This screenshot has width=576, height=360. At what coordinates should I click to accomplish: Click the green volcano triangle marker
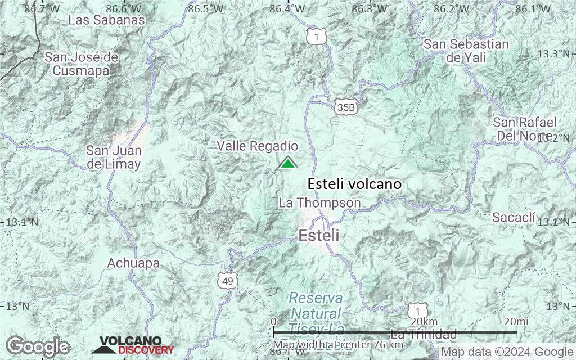287,163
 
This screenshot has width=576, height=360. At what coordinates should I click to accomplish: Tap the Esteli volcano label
354,184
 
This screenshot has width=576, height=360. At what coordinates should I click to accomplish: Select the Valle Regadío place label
258,146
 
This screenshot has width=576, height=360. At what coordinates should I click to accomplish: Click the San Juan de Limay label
113,157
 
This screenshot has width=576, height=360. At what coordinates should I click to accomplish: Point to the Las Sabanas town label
107,20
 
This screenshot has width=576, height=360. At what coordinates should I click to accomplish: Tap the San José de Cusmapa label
82,64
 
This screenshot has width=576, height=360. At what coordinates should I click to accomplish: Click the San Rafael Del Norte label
524,129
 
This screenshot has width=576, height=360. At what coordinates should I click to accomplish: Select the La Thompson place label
319,202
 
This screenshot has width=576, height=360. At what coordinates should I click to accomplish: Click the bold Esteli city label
319,236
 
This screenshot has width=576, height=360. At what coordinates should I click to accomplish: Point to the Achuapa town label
133,263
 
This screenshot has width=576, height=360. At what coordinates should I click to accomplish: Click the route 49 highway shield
228,280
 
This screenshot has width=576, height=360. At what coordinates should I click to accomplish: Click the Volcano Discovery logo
132,345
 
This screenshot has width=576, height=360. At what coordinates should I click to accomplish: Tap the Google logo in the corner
38,345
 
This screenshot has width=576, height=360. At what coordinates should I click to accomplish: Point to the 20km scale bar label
423,321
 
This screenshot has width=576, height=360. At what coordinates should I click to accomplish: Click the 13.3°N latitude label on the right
552,54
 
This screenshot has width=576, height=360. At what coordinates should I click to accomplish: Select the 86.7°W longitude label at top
42,8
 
